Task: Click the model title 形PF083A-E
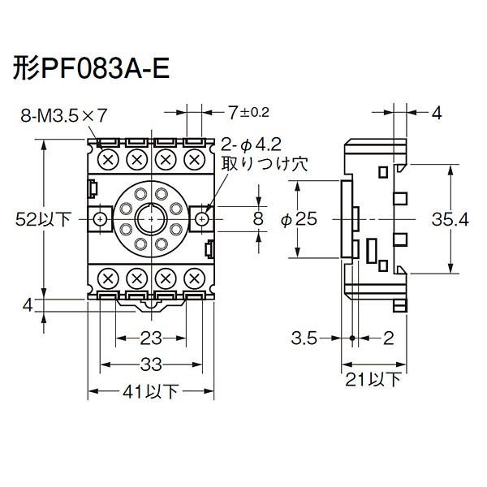click(x=91, y=69)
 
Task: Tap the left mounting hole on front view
click(x=100, y=218)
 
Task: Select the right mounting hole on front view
click(x=201, y=218)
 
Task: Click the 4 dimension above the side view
click(x=436, y=114)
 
